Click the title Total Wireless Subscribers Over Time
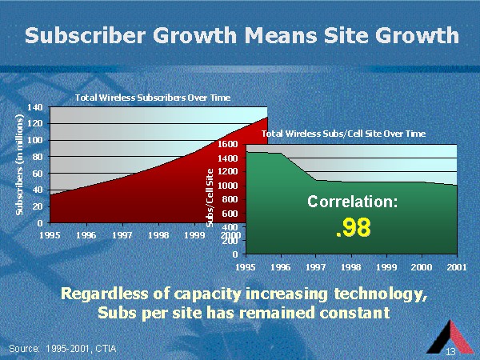[152, 98]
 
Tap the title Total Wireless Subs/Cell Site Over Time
[344, 134]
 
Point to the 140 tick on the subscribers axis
[35, 106]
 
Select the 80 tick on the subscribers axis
[38, 156]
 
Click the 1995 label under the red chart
[50, 236]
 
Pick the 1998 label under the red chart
[158, 236]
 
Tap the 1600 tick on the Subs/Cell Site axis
[228, 144]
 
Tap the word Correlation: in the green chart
[352, 202]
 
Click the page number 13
[450, 352]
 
